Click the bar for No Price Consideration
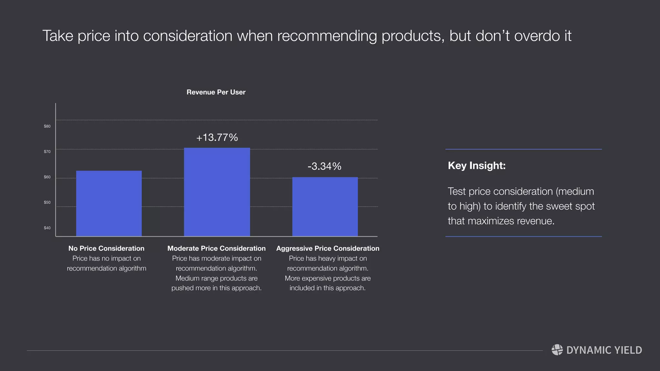tap(109, 203)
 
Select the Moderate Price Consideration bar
tap(217, 192)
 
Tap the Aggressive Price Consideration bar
tap(325, 206)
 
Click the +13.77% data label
tap(217, 138)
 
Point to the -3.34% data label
tap(325, 166)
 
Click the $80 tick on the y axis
tap(47, 126)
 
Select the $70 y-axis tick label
tap(47, 152)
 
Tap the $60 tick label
tap(47, 177)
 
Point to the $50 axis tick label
tap(47, 203)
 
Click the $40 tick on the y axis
tap(47, 228)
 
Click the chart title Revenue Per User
tap(216, 92)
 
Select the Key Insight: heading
tap(477, 166)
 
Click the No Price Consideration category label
tap(106, 248)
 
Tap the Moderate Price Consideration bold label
tap(217, 248)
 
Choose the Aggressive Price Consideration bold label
tap(328, 248)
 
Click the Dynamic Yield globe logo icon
tap(557, 350)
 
